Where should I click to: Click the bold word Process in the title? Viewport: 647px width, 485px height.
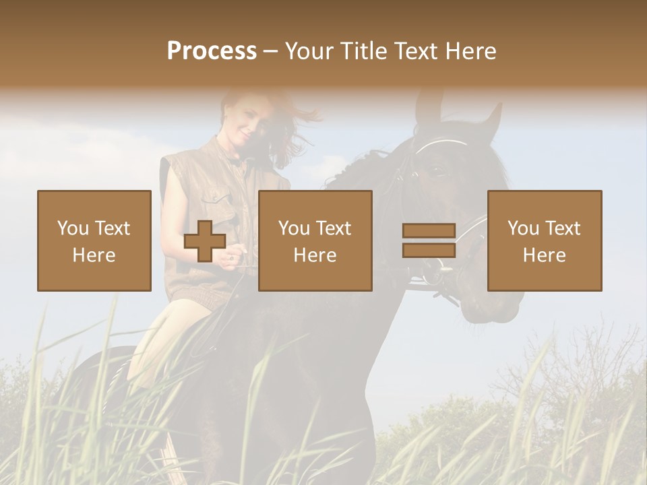212,51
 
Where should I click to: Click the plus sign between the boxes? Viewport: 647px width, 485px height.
205,240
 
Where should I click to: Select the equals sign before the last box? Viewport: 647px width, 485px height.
429,240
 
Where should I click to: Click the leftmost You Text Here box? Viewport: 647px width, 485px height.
94,240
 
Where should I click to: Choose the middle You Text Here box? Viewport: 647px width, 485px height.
315,240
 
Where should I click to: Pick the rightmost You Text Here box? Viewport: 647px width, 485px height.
544,240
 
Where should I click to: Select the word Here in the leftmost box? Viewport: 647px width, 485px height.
94,255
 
